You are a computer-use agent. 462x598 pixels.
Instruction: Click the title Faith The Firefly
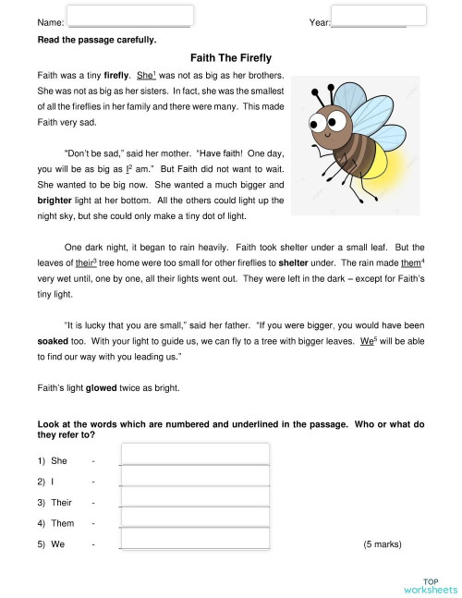230,56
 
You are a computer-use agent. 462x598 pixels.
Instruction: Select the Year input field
365,15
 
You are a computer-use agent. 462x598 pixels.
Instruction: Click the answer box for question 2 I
194,475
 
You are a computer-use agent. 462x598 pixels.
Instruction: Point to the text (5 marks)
383,544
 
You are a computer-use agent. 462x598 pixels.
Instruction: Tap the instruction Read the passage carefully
97,40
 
